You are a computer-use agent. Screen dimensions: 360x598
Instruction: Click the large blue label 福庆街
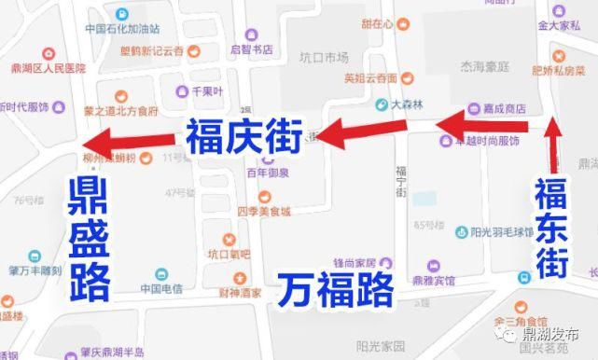click(x=243, y=138)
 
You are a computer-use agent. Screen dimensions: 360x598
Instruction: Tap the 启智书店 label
click(x=249, y=49)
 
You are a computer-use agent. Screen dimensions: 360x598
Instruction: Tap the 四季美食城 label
click(x=265, y=212)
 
